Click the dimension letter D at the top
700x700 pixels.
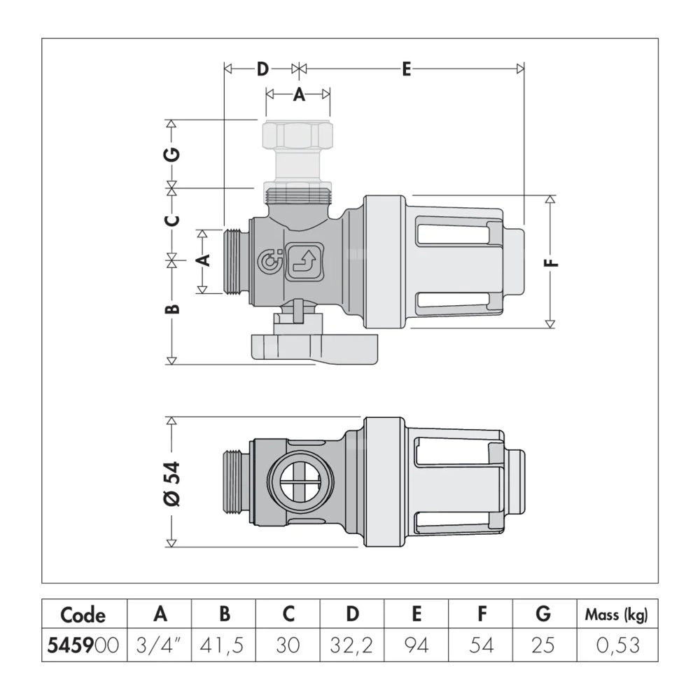click(262, 69)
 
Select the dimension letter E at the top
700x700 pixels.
click(406, 69)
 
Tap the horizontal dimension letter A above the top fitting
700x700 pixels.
click(299, 95)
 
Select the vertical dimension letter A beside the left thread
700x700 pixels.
click(204, 260)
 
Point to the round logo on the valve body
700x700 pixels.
click(269, 261)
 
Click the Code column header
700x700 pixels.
click(83, 615)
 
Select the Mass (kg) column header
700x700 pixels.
click(616, 615)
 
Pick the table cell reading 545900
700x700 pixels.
click(83, 645)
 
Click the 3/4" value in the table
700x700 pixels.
click(160, 645)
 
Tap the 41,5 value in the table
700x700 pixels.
click(225, 645)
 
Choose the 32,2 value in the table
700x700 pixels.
click(353, 645)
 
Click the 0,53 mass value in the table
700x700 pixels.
click(616, 645)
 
